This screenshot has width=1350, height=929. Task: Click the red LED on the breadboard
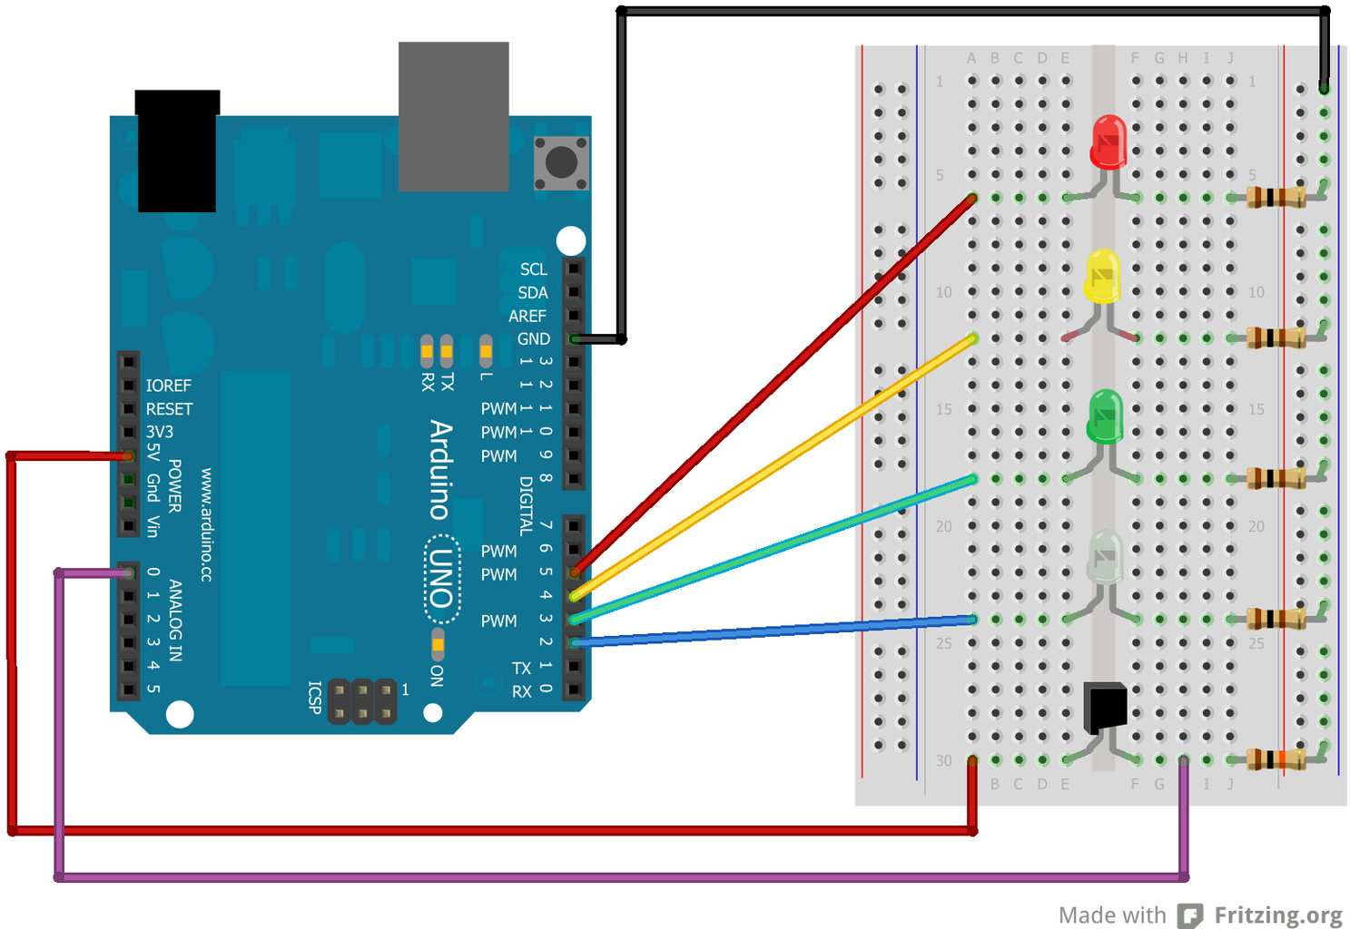tap(1109, 142)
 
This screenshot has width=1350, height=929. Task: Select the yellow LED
tap(1102, 277)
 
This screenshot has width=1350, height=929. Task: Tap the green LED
tap(1105, 416)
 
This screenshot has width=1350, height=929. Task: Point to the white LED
tap(1105, 557)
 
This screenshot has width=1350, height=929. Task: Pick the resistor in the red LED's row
tap(1276, 197)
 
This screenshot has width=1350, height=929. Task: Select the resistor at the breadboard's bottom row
tap(1276, 759)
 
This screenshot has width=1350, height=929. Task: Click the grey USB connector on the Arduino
tap(453, 116)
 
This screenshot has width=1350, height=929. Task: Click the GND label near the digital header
tap(534, 339)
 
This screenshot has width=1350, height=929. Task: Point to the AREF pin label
tap(527, 316)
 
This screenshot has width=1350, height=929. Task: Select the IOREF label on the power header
tap(169, 386)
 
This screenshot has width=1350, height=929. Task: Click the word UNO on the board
tap(441, 580)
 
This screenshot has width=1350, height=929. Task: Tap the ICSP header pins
tap(362, 701)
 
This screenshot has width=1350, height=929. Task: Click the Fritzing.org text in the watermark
tap(1278, 915)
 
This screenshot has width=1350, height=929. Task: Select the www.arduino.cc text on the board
tap(206, 524)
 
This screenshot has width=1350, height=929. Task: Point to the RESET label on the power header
tap(169, 409)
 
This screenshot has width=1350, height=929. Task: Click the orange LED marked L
tap(486, 348)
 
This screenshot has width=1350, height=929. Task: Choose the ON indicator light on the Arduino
tap(438, 644)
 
